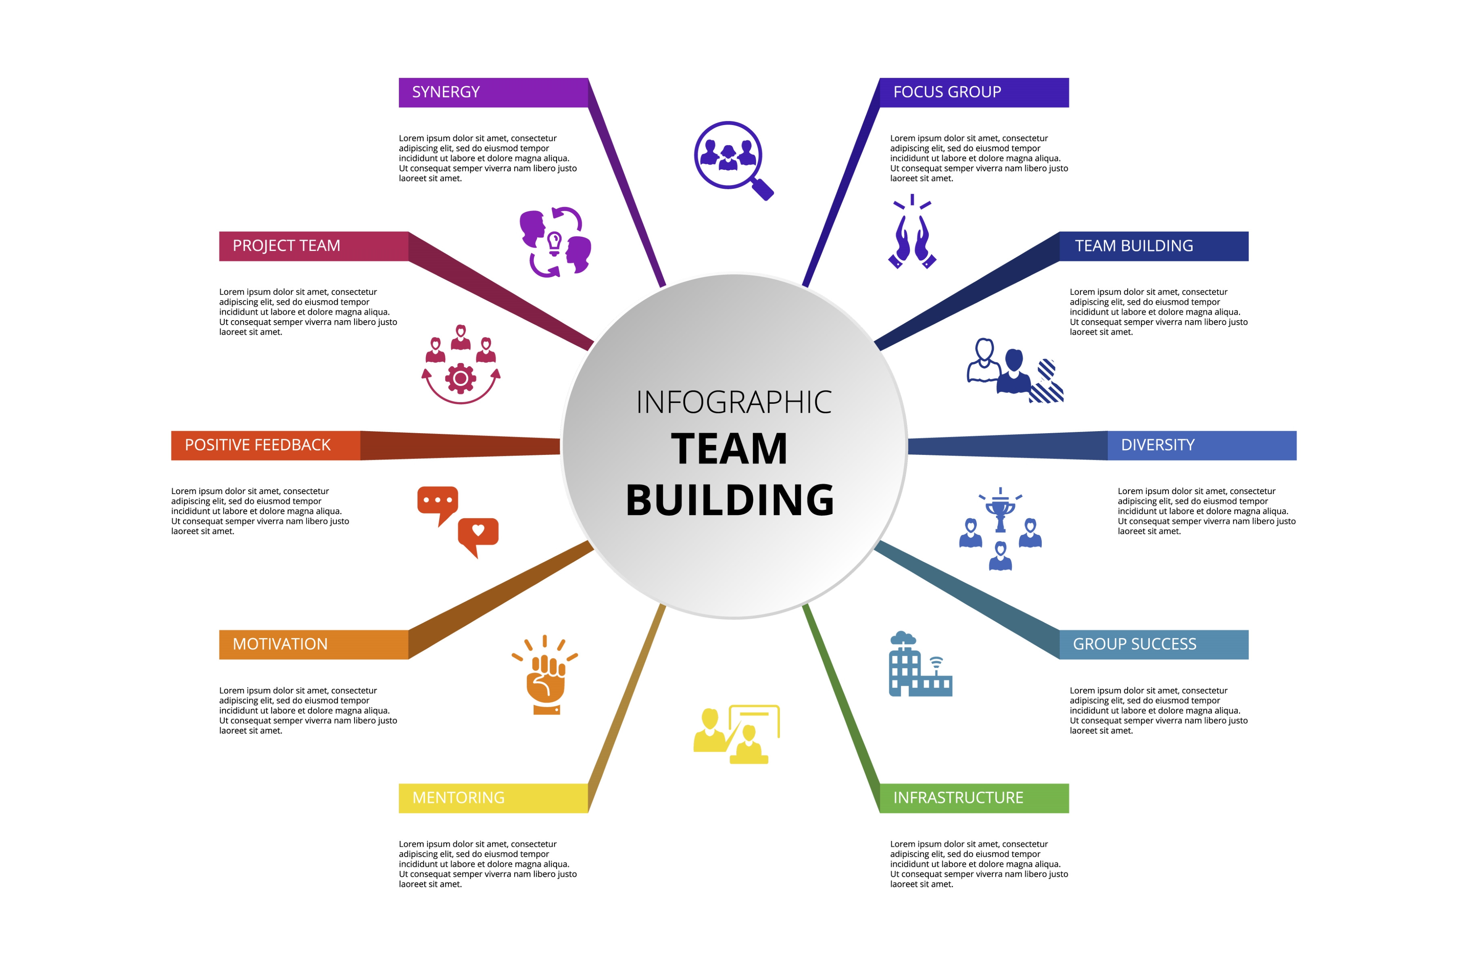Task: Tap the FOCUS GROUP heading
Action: click(974, 92)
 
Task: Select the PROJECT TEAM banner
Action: click(313, 246)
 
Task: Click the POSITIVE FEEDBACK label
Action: click(265, 445)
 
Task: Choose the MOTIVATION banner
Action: click(313, 644)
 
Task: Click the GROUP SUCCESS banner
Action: click(1153, 644)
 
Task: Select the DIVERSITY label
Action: click(1201, 445)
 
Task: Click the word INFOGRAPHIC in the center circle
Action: click(734, 403)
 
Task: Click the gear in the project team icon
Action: click(461, 378)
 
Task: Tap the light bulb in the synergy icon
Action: click(555, 242)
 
